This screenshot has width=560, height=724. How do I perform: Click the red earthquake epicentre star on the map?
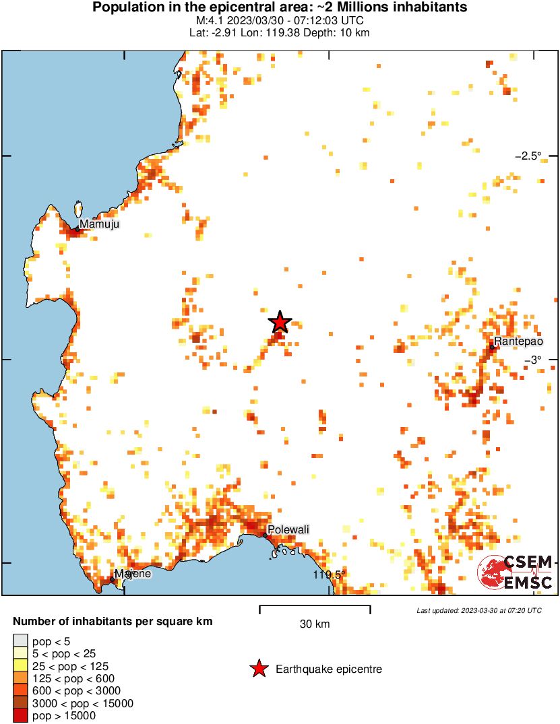280,323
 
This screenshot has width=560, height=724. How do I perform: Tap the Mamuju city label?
99,224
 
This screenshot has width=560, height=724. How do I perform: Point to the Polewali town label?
288,530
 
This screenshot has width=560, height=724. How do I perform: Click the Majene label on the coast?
132,574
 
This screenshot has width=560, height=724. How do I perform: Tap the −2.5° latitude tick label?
528,156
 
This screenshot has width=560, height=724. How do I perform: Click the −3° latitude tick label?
534,360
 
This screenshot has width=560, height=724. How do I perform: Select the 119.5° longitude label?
329,574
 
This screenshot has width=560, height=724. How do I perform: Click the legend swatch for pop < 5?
20,640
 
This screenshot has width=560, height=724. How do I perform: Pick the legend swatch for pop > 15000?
20,716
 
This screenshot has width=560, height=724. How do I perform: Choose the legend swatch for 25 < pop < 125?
20,665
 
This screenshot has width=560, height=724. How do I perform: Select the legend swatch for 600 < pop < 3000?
20,691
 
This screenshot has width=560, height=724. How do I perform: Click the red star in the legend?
258,669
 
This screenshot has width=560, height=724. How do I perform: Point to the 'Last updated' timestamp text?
478,610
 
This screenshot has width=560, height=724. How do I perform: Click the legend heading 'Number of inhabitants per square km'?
113,621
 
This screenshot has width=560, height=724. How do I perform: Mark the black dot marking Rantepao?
493,348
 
